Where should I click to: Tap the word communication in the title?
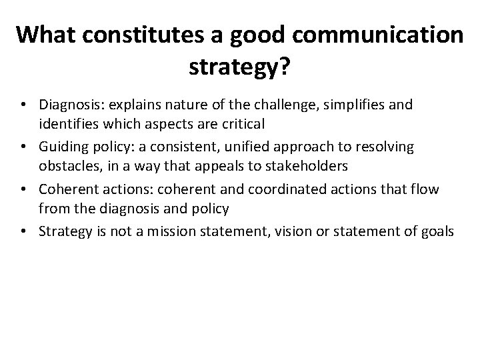pyautogui.click(x=387, y=35)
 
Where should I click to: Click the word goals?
pyautogui.click(x=437, y=231)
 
